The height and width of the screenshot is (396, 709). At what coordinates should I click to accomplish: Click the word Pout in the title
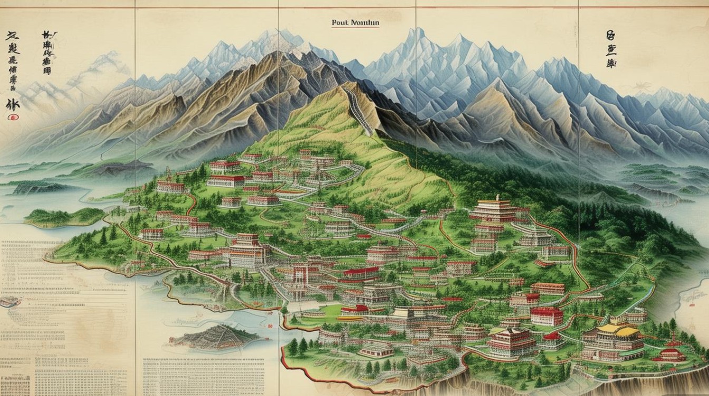point(338,23)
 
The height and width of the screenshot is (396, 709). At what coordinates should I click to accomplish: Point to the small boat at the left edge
point(8,301)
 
